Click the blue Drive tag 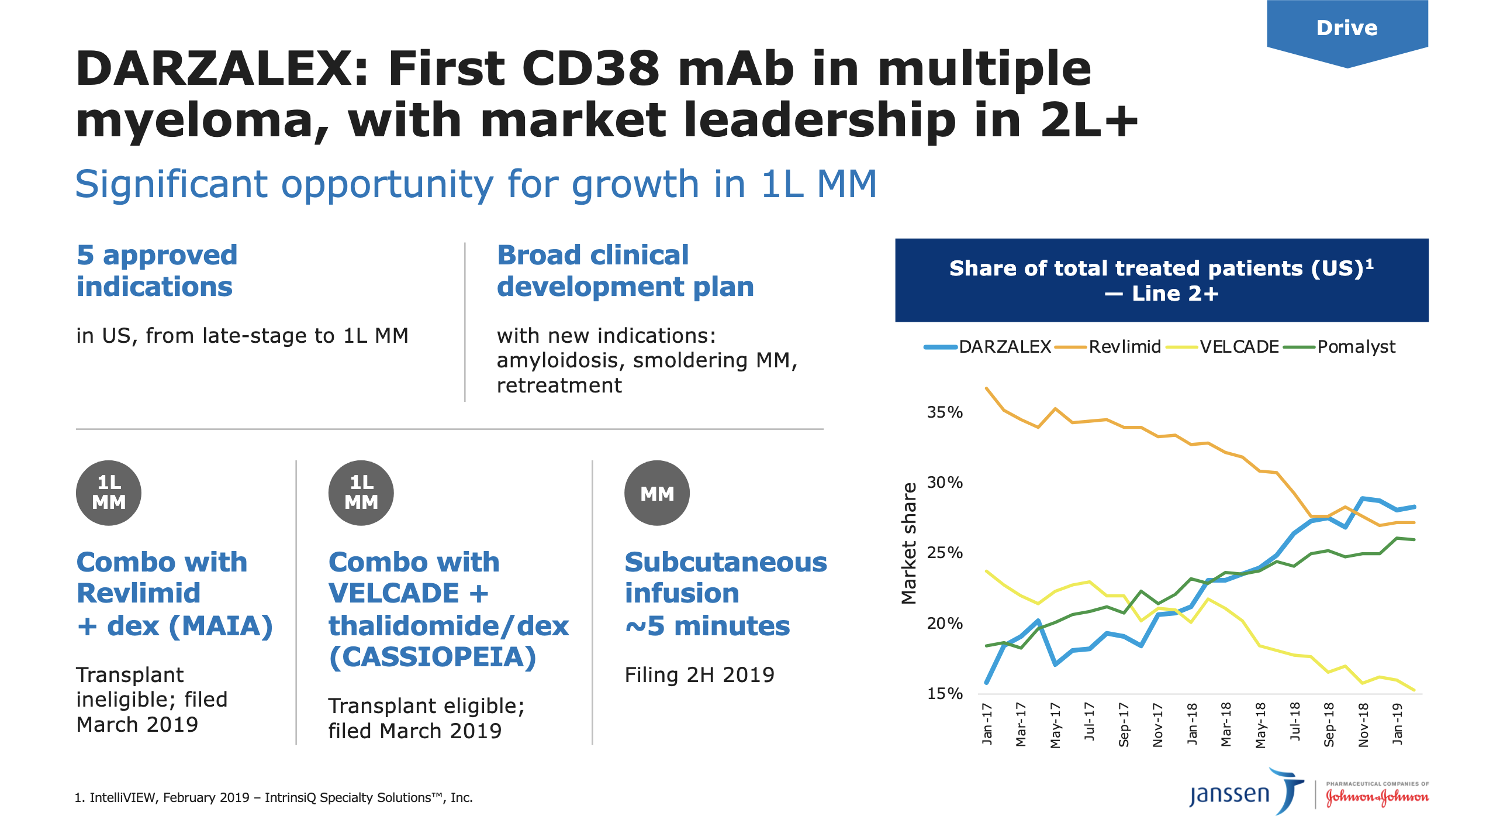point(1347,32)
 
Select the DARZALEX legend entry point(987,347)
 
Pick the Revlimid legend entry point(1108,347)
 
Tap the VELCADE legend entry point(1222,347)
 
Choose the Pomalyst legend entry point(1339,347)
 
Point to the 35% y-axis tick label point(945,412)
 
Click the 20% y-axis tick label point(945,624)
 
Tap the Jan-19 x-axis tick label point(1397,724)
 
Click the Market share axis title point(909,543)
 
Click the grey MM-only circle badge point(657,493)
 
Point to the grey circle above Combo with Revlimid point(109,493)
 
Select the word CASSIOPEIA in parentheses point(433,657)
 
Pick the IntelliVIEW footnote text point(274,798)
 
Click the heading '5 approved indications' point(157,271)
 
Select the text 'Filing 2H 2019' point(700,675)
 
